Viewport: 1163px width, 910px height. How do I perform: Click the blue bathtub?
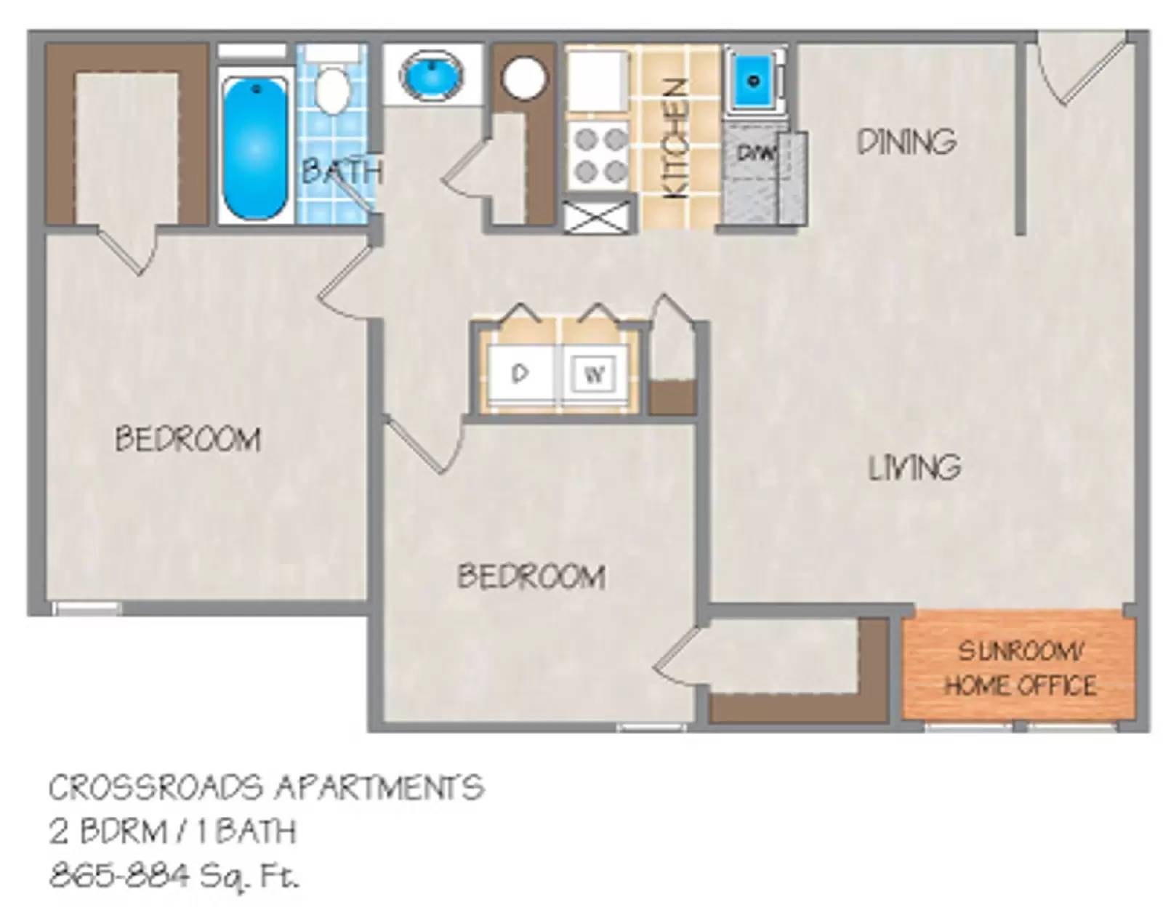coord(254,149)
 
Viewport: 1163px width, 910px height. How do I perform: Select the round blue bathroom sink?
coord(432,76)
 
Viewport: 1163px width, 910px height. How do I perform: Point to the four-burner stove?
coord(597,156)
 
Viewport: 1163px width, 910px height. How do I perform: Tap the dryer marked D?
coord(520,374)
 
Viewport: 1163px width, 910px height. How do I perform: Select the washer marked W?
coord(595,375)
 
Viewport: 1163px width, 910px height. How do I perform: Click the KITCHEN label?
coord(677,138)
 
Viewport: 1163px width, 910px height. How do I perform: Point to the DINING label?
coord(906,142)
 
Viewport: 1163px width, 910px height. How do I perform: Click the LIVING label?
coord(914,467)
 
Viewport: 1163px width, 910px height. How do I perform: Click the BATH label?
coord(341,172)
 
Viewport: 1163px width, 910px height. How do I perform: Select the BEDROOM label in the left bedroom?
coord(188,439)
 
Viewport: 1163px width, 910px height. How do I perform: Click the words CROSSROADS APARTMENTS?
coord(266,788)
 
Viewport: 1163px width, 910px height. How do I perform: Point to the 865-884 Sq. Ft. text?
coord(174,875)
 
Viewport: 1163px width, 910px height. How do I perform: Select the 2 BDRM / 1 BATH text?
coord(172,832)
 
